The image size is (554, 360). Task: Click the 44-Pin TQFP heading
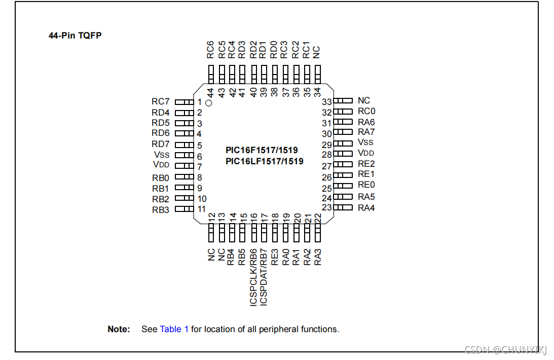(x=75, y=35)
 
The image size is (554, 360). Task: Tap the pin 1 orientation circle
(x=209, y=103)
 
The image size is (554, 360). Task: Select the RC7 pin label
(x=161, y=102)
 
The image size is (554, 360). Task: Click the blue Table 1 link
(x=174, y=329)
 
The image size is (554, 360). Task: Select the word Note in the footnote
(x=119, y=329)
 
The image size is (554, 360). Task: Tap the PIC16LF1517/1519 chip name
(x=265, y=161)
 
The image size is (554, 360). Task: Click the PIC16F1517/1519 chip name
(x=262, y=151)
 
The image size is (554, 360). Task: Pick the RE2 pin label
(x=366, y=164)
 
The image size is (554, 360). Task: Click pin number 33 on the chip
(x=327, y=102)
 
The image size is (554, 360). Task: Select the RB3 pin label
(x=161, y=210)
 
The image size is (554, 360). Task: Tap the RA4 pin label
(x=366, y=208)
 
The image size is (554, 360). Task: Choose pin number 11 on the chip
(x=202, y=209)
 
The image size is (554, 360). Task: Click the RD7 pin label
(x=161, y=145)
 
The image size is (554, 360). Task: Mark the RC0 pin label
(x=366, y=111)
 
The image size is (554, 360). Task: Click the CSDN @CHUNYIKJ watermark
(x=506, y=350)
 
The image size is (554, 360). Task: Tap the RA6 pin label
(x=366, y=122)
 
